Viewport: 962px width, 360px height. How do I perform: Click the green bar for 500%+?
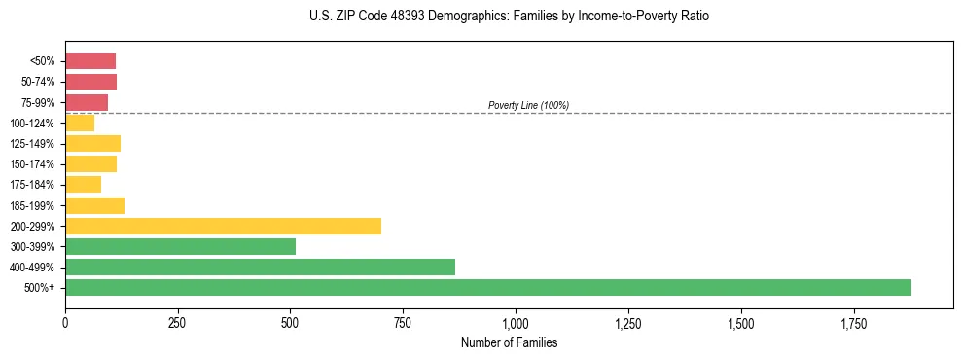coord(487,287)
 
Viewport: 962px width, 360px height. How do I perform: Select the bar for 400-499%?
coord(260,267)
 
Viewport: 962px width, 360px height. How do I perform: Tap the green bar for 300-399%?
coord(180,246)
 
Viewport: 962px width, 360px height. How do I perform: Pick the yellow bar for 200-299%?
coord(223,226)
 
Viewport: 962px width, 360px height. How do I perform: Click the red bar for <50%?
coord(90,61)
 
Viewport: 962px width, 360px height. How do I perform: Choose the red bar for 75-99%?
coord(87,102)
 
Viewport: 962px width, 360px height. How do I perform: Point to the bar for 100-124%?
coord(80,123)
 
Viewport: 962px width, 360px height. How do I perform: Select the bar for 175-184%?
coord(83,185)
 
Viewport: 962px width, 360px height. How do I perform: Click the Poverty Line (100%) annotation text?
coord(528,105)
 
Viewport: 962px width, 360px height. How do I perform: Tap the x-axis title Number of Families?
coord(509,342)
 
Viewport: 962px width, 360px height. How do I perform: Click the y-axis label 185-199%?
coord(32,205)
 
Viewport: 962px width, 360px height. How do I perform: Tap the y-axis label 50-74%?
coord(37,82)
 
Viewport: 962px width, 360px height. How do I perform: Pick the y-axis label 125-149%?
coord(32,144)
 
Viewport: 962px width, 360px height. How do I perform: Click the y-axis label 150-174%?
coord(32,164)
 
